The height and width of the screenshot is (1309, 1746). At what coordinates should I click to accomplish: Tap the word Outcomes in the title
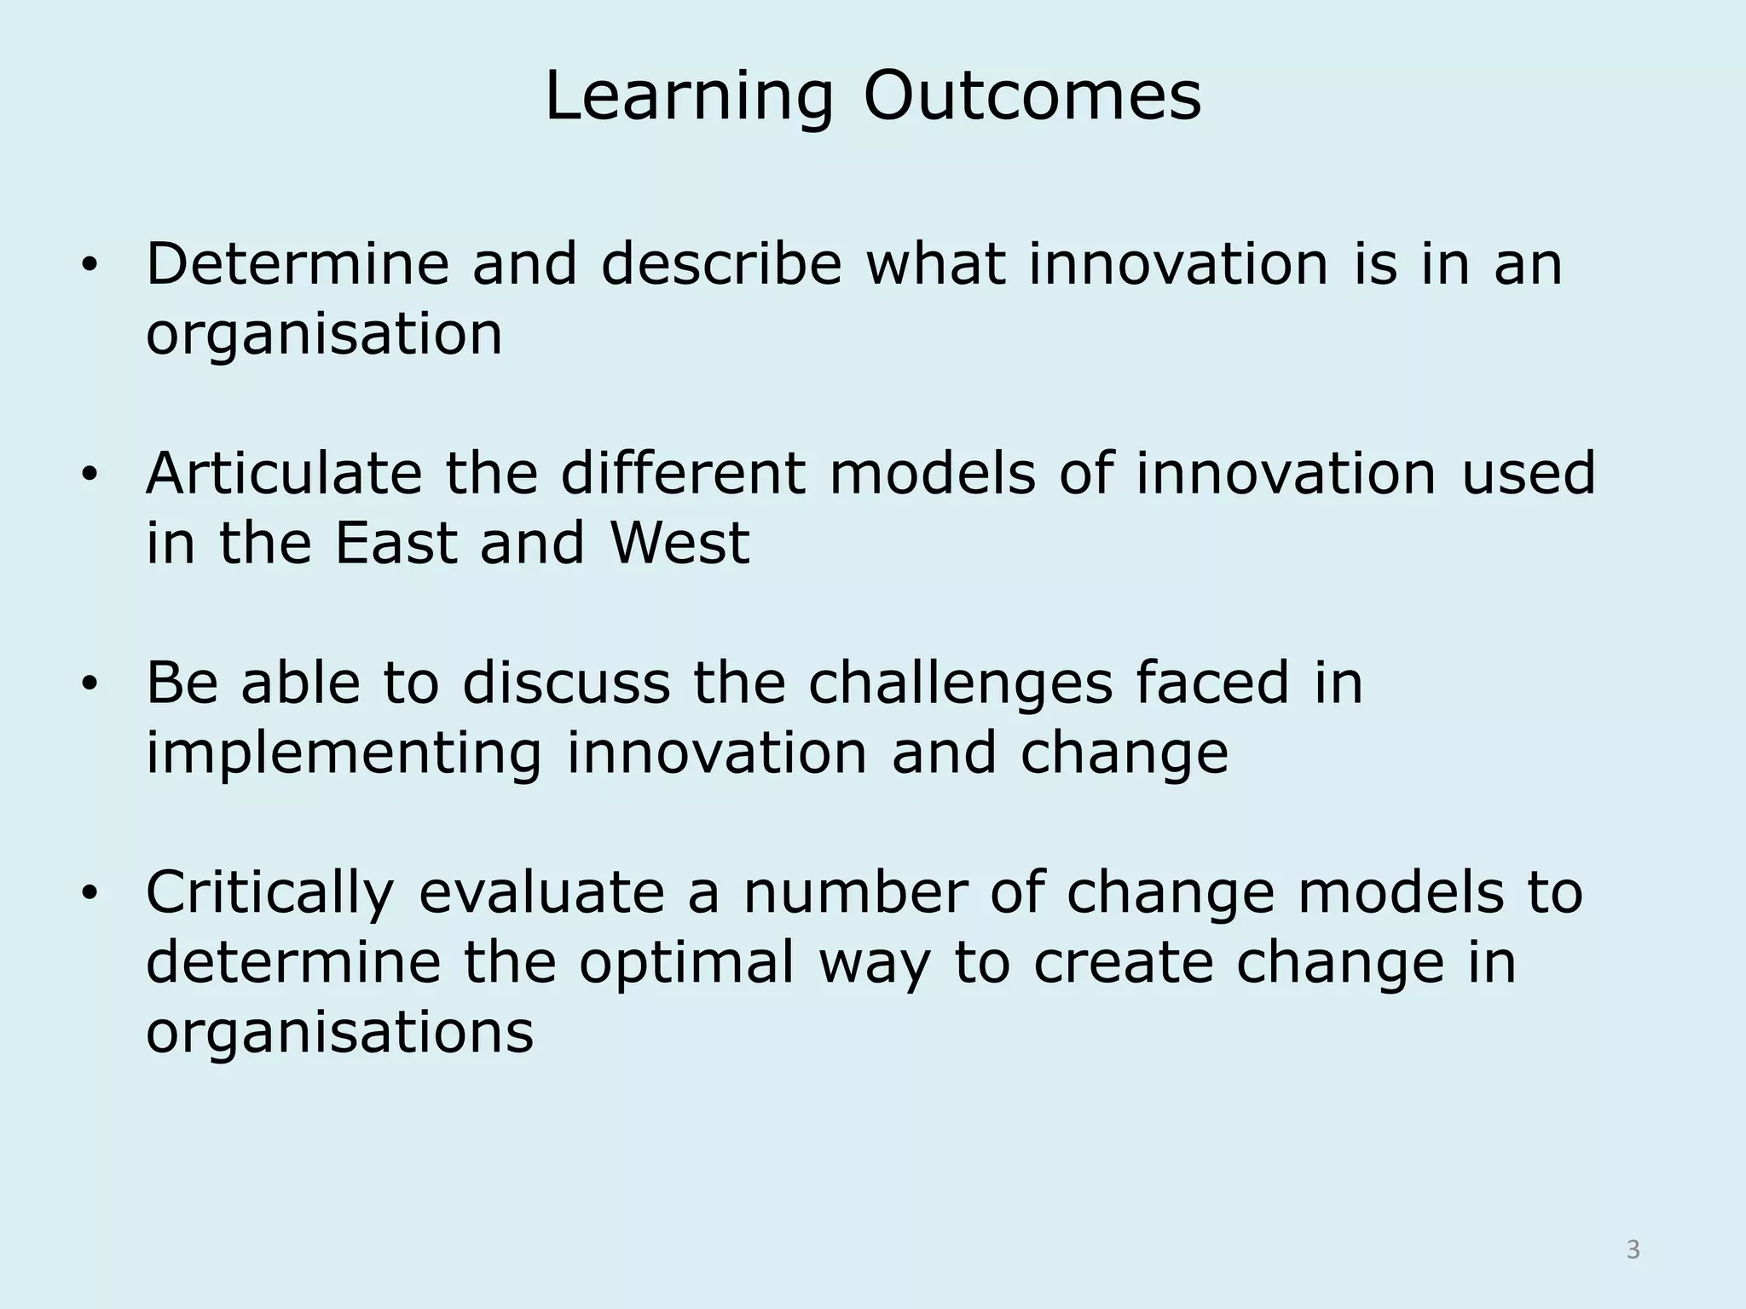click(1032, 96)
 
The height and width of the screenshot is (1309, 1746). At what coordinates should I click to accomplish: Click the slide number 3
click(1633, 1249)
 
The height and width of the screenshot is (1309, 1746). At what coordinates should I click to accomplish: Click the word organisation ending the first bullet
click(324, 335)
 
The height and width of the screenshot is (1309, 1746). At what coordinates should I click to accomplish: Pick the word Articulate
click(284, 473)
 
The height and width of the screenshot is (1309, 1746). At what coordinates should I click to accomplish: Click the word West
click(679, 543)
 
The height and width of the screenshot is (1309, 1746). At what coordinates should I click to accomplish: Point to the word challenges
click(960, 684)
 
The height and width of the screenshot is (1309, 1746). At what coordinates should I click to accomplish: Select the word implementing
click(344, 754)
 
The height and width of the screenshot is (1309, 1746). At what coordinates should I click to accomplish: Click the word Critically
click(270, 892)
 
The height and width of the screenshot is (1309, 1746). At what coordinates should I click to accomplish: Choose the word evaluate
click(541, 892)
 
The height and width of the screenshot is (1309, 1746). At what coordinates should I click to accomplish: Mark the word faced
click(1211, 683)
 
